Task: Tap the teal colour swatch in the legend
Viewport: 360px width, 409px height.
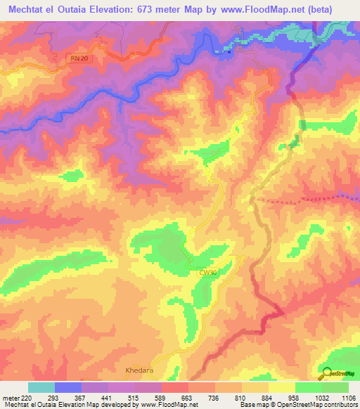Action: pyautogui.click(x=41, y=387)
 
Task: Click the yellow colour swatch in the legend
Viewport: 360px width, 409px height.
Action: pyautogui.click(x=282, y=387)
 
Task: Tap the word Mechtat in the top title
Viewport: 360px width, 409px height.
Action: pyautogui.click(x=27, y=8)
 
